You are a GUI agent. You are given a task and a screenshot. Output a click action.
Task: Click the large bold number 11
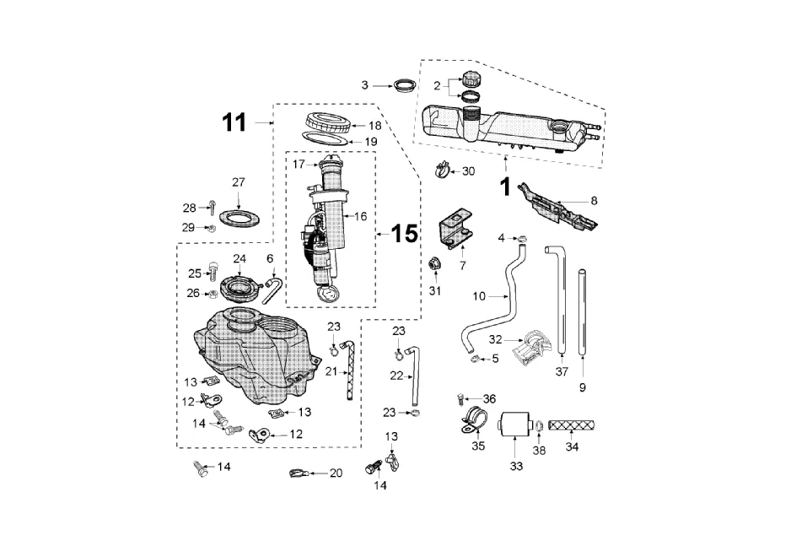[234, 122]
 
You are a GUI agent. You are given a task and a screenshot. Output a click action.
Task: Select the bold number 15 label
[404, 234]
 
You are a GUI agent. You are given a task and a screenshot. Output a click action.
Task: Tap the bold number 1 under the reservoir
[505, 187]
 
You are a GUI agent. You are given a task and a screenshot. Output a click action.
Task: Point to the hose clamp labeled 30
[443, 170]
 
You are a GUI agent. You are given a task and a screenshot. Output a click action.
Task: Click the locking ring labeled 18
[328, 122]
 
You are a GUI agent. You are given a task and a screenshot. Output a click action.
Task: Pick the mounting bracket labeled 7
[456, 228]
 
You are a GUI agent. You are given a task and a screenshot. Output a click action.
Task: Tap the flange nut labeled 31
[433, 264]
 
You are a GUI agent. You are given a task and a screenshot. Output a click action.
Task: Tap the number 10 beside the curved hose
[479, 296]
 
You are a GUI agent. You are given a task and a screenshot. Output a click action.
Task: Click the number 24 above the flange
[239, 259]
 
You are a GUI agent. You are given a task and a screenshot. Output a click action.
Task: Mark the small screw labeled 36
[460, 398]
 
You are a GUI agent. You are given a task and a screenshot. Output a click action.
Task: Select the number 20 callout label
[336, 473]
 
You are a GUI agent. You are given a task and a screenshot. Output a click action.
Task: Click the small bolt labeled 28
[213, 207]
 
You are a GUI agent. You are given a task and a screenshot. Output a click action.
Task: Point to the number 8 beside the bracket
[594, 201]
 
